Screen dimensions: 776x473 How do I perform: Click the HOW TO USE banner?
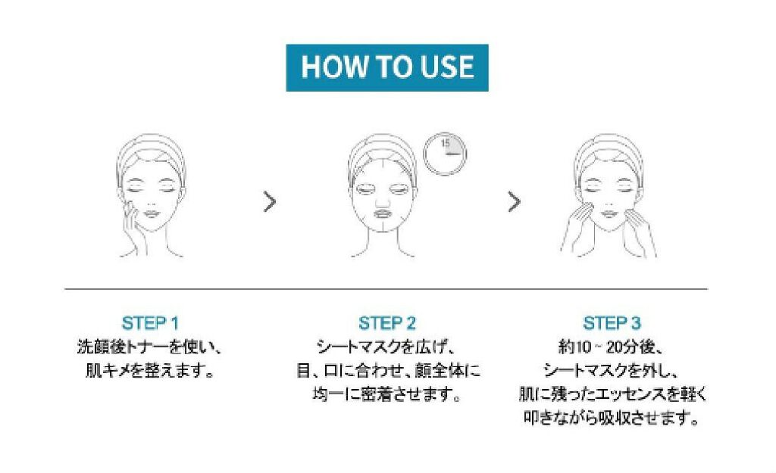[387, 67]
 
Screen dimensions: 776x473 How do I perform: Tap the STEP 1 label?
[150, 323]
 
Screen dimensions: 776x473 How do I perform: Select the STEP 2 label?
[387, 323]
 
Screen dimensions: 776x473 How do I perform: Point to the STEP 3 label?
[612, 323]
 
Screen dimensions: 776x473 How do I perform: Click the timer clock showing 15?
[444, 154]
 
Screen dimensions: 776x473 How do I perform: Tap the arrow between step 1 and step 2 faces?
[270, 201]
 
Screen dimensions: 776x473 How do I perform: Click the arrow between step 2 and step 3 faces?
[515, 201]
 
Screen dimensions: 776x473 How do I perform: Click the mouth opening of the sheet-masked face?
[383, 214]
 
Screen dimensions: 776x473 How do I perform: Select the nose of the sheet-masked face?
[382, 200]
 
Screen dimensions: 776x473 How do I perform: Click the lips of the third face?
[609, 214]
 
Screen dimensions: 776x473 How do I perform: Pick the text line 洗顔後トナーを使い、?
[149, 347]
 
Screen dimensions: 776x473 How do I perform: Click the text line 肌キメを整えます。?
[149, 370]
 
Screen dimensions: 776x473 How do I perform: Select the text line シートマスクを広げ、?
[386, 347]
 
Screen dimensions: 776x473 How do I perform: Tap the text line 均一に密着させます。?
[387, 394]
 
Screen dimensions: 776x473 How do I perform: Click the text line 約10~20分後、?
[611, 347]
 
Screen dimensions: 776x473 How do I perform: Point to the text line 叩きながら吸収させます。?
[612, 419]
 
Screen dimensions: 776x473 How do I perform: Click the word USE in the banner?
[447, 67]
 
